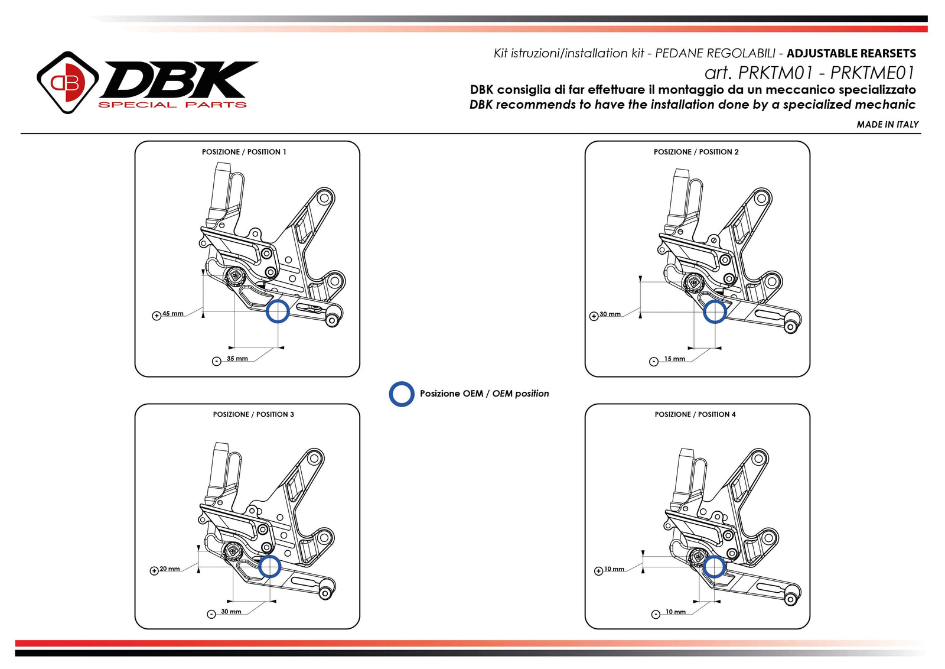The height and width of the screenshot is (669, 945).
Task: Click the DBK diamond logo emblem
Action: click(67, 82)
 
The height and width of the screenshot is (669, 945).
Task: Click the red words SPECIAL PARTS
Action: click(172, 105)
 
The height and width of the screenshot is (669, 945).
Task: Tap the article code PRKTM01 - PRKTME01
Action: click(809, 73)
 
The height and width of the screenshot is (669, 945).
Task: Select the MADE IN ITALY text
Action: click(887, 124)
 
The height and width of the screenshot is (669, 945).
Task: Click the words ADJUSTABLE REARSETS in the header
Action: click(851, 53)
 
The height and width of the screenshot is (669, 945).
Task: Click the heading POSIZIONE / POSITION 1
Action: click(244, 152)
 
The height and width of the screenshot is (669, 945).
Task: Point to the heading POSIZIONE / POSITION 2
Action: click(696, 152)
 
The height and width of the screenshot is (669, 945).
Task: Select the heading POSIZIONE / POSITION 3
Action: click(253, 414)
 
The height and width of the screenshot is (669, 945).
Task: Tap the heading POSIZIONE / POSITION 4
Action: click(695, 414)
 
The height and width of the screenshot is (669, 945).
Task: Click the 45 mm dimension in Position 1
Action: click(173, 314)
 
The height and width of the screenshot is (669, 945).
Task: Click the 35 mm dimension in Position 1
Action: click(237, 359)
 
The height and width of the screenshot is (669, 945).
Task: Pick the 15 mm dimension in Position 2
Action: click(674, 359)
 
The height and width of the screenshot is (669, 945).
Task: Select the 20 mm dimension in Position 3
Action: click(170, 569)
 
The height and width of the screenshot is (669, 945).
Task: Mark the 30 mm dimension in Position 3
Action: click(231, 612)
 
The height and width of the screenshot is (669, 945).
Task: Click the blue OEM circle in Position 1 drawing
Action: click(277, 311)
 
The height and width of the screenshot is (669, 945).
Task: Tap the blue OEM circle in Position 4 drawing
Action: click(714, 567)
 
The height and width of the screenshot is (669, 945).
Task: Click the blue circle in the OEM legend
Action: click(402, 394)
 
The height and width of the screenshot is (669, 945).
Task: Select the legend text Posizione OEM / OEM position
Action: click(484, 394)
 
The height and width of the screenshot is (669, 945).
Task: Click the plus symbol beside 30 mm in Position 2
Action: click(594, 316)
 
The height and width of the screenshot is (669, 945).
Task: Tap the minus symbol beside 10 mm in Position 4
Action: click(656, 615)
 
